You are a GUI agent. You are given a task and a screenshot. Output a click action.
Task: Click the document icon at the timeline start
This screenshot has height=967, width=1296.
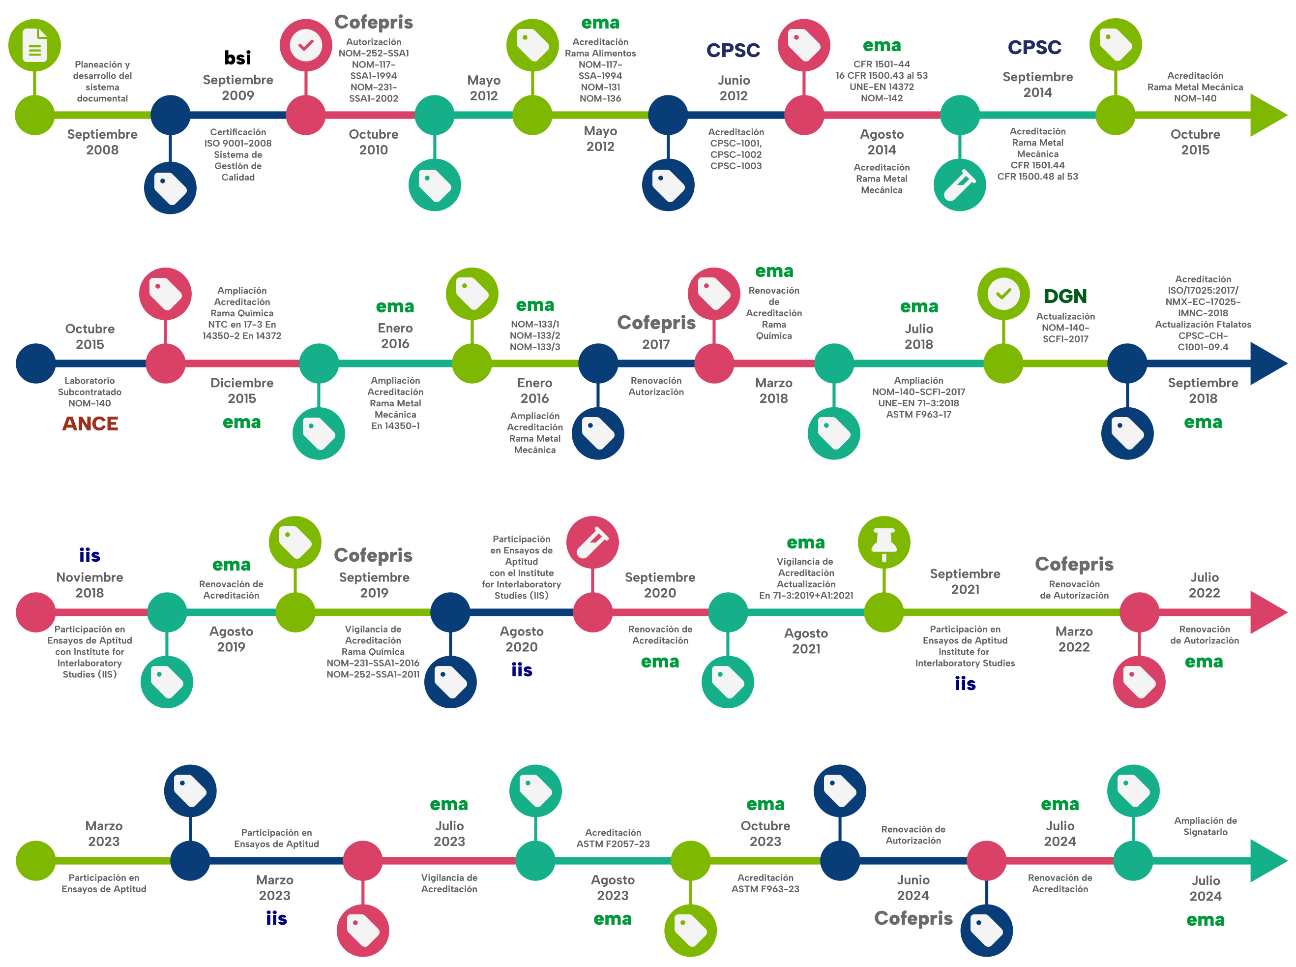(34, 45)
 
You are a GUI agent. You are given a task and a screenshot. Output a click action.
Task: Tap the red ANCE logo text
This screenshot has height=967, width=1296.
(90, 423)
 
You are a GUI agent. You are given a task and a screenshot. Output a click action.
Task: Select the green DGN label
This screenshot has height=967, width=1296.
(1065, 296)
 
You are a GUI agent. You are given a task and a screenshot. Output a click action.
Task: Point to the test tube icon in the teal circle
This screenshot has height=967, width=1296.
(960, 185)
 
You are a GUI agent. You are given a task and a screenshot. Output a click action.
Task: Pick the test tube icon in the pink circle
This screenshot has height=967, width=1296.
(593, 543)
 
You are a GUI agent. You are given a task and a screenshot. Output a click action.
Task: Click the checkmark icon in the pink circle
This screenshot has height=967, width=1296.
(305, 45)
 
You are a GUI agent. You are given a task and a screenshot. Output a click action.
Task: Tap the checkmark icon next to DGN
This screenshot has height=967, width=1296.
(1003, 294)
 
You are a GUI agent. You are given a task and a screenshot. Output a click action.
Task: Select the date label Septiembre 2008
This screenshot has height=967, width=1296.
(102, 142)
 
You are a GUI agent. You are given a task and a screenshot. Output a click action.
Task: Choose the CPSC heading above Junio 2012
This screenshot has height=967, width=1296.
(733, 50)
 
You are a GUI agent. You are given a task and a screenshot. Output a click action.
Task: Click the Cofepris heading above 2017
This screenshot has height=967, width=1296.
(656, 323)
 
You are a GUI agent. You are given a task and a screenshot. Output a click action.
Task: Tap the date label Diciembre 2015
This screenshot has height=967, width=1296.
(241, 391)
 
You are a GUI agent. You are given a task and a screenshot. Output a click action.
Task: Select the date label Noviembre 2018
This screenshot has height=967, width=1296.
(89, 585)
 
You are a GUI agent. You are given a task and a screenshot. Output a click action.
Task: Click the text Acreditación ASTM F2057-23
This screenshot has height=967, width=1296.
(613, 838)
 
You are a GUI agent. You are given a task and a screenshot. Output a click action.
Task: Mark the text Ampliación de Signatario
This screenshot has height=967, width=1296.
(1206, 826)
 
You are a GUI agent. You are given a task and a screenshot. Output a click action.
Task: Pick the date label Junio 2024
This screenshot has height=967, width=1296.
(913, 887)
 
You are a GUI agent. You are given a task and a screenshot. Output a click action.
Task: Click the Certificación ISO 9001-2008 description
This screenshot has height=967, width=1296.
(237, 154)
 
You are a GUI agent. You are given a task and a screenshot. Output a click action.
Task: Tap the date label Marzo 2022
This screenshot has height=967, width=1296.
(1074, 639)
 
